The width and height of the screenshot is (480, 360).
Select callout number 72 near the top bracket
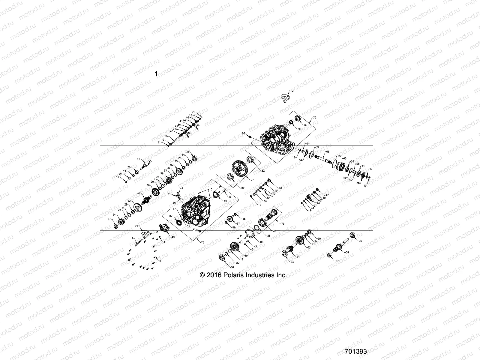pyautogui.click(x=292, y=90)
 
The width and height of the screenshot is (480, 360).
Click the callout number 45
pyautogui.click(x=345, y=158)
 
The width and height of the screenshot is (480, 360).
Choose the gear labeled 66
pyautogui.click(x=156, y=192)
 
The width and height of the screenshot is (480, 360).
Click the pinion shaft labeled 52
pyautogui.click(x=146, y=199)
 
